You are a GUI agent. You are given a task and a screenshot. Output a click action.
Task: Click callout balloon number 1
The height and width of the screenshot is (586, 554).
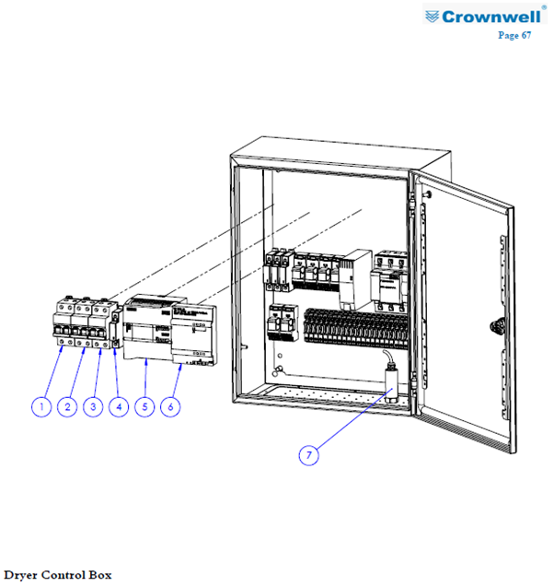pyautogui.click(x=41, y=407)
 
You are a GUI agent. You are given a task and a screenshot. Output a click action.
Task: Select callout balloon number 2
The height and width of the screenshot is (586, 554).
pyautogui.click(x=67, y=407)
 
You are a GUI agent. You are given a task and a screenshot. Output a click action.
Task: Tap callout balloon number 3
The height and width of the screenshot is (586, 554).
pyautogui.click(x=93, y=407)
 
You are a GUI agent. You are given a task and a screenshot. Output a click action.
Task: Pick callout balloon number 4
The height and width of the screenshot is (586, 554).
pyautogui.click(x=119, y=407)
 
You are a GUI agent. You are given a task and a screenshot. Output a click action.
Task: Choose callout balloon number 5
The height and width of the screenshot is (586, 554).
pyautogui.click(x=144, y=407)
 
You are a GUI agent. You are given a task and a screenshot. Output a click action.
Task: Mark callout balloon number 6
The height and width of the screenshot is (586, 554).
pyautogui.click(x=170, y=407)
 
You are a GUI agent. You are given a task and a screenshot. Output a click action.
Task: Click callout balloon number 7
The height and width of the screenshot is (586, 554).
pyautogui.click(x=308, y=455)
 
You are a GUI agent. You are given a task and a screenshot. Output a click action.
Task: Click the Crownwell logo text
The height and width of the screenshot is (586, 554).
pyautogui.click(x=491, y=17)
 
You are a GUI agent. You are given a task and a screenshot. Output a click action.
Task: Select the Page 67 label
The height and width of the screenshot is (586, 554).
pyautogui.click(x=514, y=35)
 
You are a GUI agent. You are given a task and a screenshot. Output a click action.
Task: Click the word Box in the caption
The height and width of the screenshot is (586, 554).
pyautogui.click(x=100, y=575)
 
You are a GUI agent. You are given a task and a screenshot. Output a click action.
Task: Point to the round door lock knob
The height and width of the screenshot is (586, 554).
pyautogui.click(x=497, y=325)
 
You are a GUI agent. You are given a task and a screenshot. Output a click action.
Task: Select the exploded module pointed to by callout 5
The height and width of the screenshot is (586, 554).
pyautogui.click(x=147, y=328)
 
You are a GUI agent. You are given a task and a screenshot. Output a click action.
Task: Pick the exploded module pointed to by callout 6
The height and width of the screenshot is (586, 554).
pyautogui.click(x=194, y=334)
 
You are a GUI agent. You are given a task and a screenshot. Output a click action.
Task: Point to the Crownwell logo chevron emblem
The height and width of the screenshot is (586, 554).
pyautogui.click(x=432, y=17)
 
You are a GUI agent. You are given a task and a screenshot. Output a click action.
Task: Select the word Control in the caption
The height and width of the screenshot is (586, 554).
pyautogui.click(x=63, y=575)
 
